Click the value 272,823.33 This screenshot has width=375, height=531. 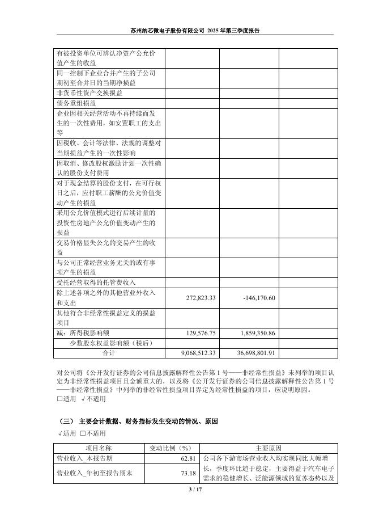201,298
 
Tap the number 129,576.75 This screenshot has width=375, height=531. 201,334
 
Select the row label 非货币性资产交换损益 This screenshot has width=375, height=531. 89,93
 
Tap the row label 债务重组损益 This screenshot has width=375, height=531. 76,104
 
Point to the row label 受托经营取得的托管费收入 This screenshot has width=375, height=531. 96,283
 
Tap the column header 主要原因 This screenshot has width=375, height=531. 267,448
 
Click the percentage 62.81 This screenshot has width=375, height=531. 187,458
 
